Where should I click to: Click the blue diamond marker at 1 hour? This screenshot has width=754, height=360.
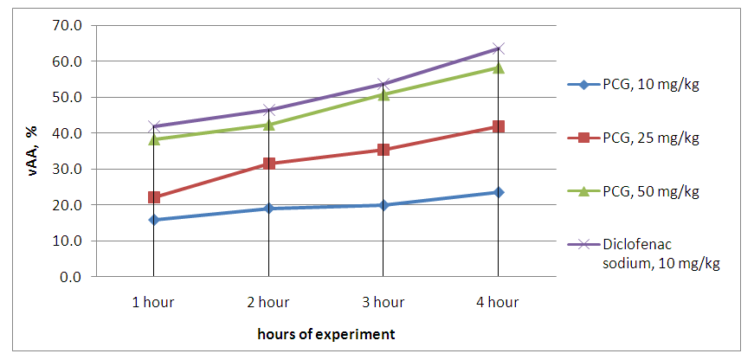[153, 220]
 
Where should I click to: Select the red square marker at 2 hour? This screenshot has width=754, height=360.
[268, 164]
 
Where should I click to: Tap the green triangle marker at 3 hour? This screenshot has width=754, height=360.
[383, 94]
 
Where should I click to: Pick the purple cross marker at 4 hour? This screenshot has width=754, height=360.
[499, 48]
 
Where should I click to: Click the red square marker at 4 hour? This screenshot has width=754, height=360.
[499, 126]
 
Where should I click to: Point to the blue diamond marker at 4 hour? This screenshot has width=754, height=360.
[499, 192]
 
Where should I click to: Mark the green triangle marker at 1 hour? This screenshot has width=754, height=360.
[153, 138]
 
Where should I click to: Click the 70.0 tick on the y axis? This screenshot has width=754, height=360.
[67, 25]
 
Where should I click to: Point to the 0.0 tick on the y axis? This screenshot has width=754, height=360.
[70, 277]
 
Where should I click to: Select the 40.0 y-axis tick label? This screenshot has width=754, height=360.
[67, 133]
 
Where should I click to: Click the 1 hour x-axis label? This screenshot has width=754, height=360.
[153, 302]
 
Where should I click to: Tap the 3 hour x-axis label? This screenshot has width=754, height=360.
[383, 302]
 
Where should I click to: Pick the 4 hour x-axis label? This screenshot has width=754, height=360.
[499, 302]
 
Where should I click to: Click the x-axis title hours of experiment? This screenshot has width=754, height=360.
[326, 333]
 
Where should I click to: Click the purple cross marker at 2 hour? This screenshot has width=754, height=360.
[268, 110]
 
